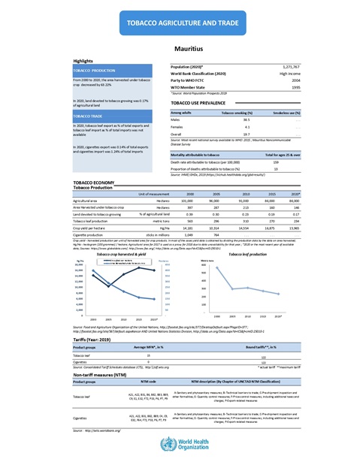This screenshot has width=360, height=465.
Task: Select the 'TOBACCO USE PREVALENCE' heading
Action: [200, 101]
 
